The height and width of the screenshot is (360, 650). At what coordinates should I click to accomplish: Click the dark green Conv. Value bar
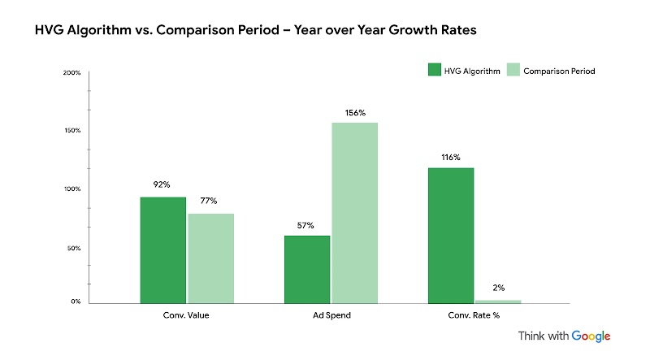point(162,249)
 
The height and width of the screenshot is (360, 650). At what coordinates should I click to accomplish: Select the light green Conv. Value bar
point(210,258)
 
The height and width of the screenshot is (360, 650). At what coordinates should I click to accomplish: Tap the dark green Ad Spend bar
point(307,269)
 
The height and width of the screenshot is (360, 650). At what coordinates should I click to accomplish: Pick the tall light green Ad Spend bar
point(355,212)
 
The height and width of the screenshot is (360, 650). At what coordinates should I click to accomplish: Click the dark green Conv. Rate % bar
point(451,235)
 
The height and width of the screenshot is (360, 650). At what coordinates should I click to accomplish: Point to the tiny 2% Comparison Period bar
point(498,301)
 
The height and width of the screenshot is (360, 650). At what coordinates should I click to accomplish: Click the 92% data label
point(162,184)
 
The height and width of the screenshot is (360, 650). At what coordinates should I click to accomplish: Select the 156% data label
point(355,111)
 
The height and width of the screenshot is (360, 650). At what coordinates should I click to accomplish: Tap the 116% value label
point(451,157)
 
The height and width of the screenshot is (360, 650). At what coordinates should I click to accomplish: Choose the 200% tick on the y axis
point(71,73)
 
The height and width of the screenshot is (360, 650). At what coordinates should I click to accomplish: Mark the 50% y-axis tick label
point(73,248)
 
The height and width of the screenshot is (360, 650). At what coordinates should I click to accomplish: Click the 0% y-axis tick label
point(75,301)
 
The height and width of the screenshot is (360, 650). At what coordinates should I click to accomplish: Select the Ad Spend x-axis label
point(331,314)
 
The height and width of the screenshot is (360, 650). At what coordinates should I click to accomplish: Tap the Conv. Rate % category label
point(475,314)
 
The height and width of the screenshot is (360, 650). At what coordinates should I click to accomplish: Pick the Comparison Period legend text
point(560,72)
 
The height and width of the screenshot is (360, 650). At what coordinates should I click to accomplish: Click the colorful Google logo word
point(591,336)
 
